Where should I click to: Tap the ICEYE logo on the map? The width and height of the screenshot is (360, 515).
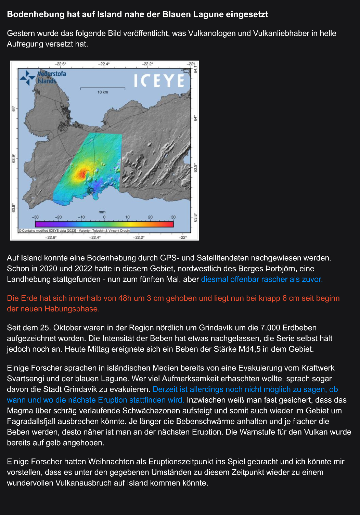coord(159,81)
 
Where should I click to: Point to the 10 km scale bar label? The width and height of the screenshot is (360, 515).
coord(102,92)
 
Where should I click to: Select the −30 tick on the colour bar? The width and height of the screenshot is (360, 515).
coord(35,217)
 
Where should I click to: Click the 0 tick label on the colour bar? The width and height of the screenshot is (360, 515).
coord(104,217)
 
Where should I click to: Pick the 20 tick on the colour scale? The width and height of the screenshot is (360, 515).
coord(150,217)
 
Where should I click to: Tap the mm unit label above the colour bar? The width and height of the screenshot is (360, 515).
coord(102,212)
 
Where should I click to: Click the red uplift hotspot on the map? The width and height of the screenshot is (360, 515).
coord(81,174)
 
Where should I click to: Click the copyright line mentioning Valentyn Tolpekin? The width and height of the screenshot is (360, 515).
coord(74,231)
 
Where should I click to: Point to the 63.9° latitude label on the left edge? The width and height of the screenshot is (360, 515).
coord(14,158)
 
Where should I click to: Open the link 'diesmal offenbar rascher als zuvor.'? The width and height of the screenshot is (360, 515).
coord(262,279)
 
